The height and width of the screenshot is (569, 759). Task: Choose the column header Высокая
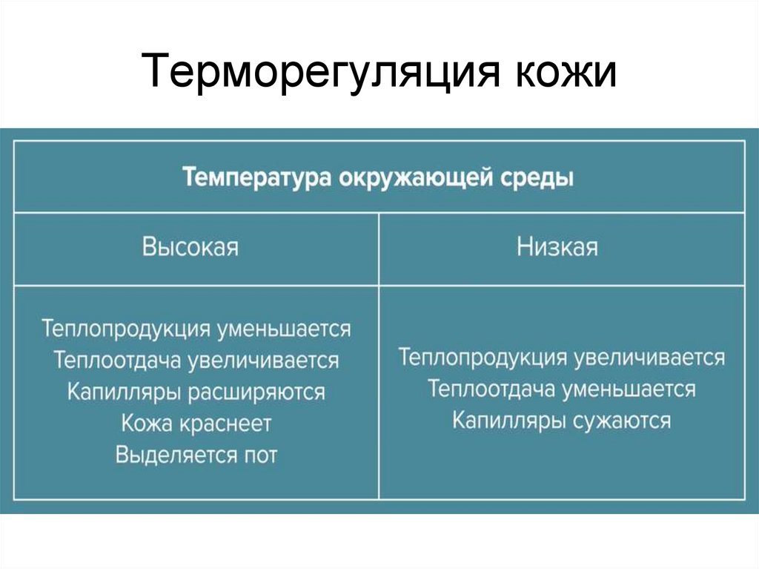click(190, 246)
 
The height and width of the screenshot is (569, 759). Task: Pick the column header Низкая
click(557, 246)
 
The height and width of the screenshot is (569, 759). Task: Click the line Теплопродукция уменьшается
click(196, 328)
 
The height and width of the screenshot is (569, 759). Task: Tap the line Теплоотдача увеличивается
click(196, 360)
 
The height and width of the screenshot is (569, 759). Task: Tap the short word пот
click(259, 455)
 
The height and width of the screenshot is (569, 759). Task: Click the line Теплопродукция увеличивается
click(561, 358)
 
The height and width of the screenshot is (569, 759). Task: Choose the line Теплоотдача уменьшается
click(561, 389)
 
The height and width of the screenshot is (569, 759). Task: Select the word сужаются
click(622, 421)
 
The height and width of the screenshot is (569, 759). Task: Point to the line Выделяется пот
click(196, 455)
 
